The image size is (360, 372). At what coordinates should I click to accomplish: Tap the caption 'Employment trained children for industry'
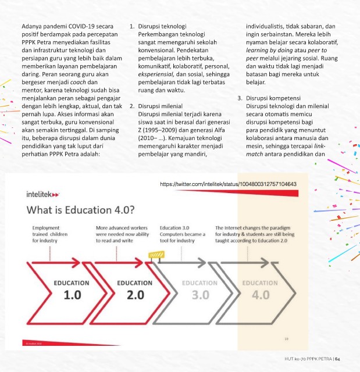49,234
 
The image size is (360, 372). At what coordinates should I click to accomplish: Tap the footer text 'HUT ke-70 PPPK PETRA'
303,358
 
